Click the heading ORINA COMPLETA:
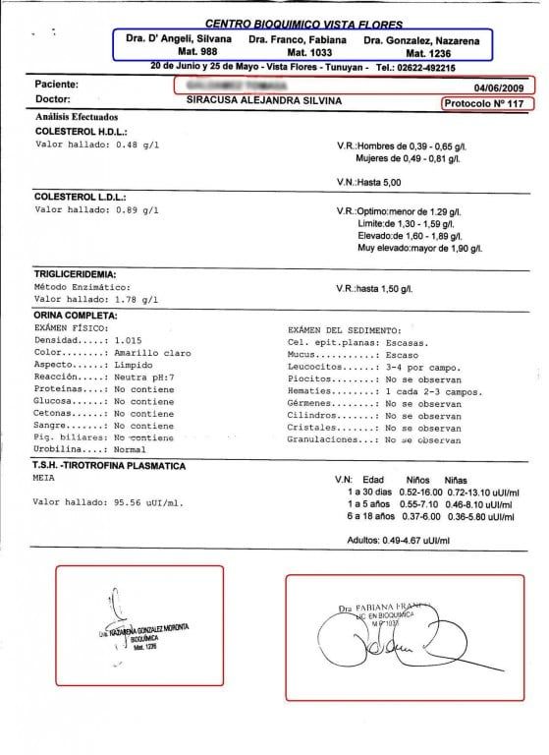pyautogui.click(x=76, y=315)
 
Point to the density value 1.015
pyautogui.click(x=131, y=339)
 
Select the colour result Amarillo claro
pyautogui.click(x=150, y=351)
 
